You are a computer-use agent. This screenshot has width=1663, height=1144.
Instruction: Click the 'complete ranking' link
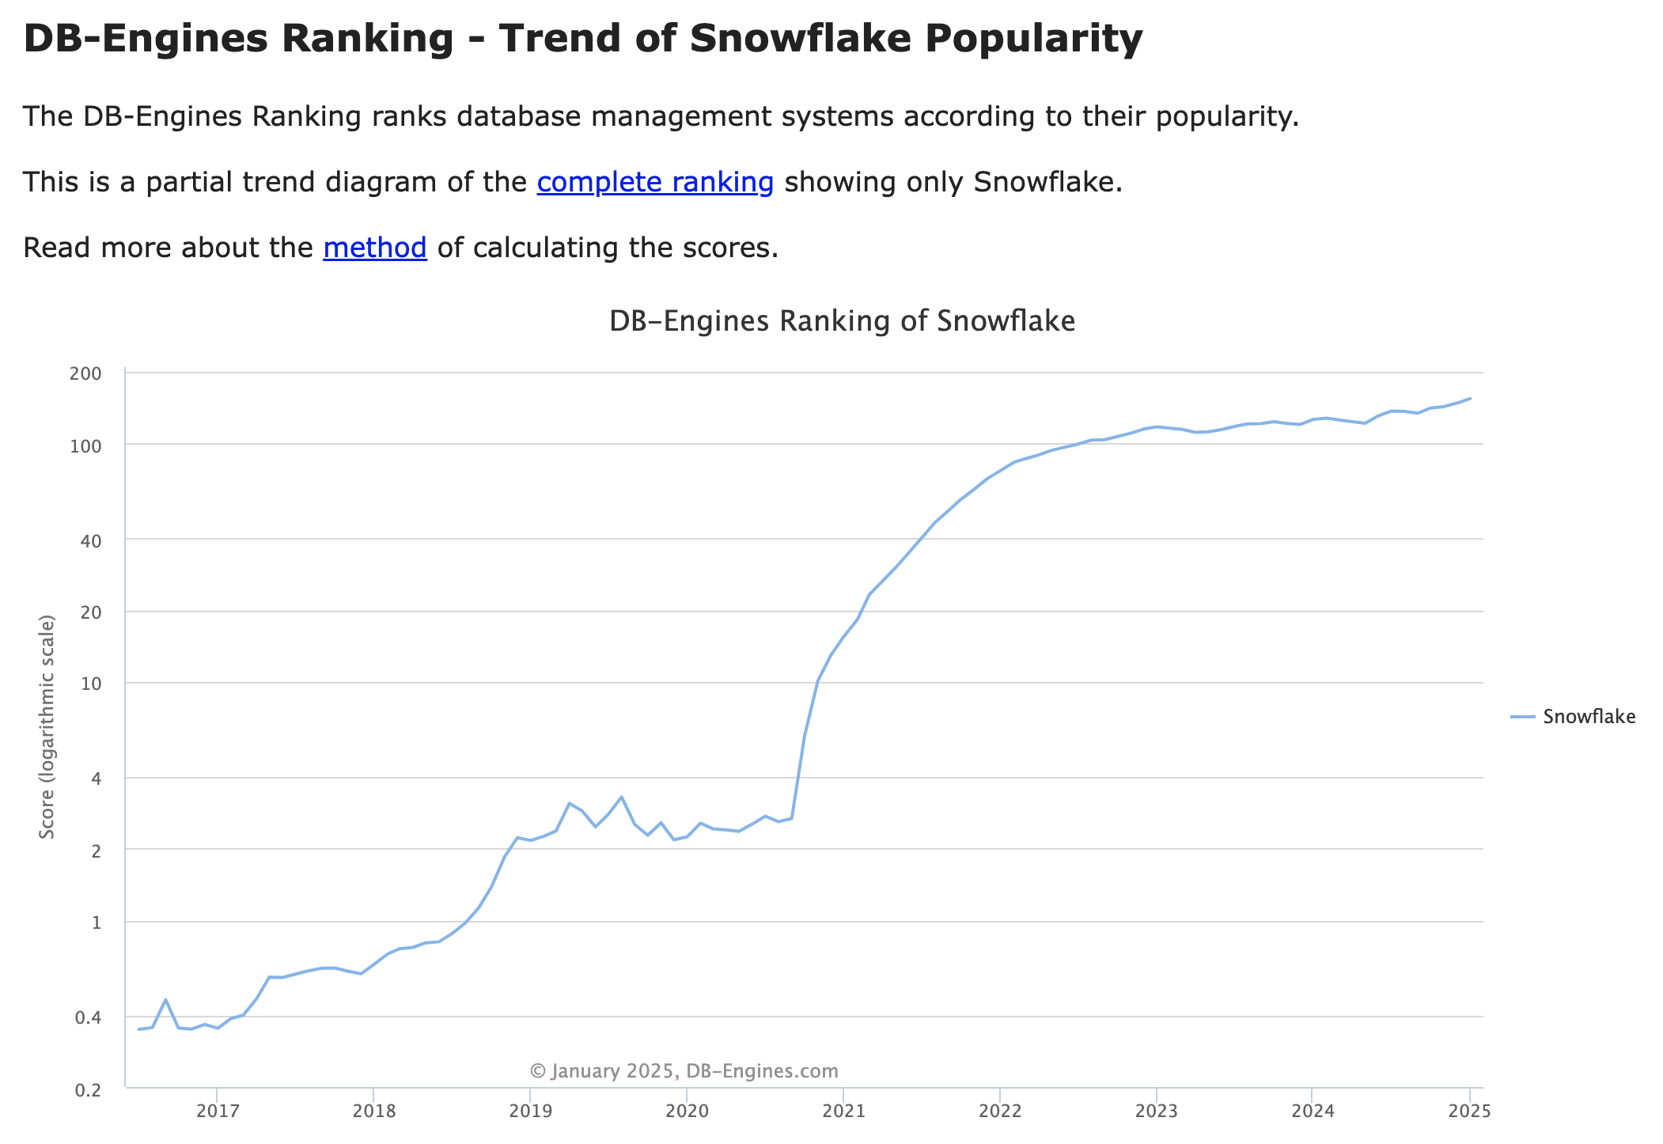[x=655, y=182]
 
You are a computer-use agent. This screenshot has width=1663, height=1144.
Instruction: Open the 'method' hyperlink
[x=375, y=248]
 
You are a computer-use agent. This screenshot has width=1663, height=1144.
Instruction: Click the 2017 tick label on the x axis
[x=217, y=1112]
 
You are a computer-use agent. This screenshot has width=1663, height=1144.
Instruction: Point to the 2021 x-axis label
[x=843, y=1112]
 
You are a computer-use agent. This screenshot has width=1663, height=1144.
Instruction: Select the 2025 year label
[x=1469, y=1112]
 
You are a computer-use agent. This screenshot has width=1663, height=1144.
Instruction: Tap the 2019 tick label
[x=530, y=1112]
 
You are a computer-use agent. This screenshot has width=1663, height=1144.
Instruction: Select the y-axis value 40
[x=91, y=540]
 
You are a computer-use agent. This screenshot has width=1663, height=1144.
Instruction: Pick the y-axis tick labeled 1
[x=97, y=922]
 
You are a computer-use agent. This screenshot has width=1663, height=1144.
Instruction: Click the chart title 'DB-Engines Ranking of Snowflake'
[x=842, y=321]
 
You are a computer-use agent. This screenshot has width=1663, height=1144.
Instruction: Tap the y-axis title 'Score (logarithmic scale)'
[x=47, y=726]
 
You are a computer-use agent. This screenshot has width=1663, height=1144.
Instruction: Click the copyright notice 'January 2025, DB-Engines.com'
[x=684, y=1071]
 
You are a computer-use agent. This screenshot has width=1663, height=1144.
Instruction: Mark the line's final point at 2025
[x=1469, y=398]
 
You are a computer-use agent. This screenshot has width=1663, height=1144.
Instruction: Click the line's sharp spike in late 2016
[x=165, y=999]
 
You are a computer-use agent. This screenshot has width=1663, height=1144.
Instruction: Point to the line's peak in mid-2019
[x=621, y=797]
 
